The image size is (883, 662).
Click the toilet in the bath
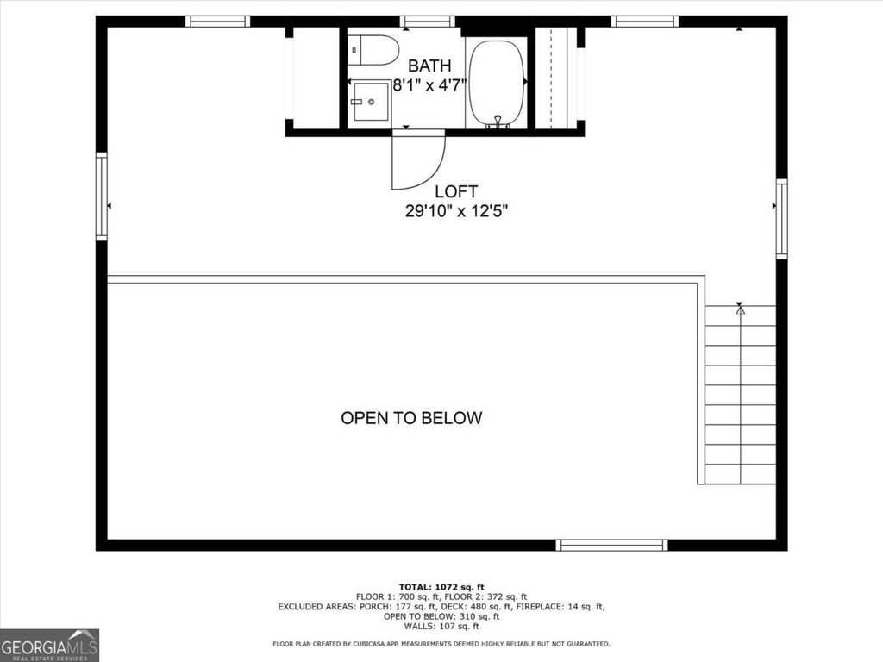point(373,50)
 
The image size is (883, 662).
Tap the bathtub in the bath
point(496,84)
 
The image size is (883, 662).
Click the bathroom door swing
point(416,162)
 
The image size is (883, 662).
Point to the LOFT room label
point(456,191)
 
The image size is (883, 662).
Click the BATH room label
point(429,66)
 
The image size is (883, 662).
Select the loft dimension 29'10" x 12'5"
point(456,211)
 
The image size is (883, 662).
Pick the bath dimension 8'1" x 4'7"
point(429,85)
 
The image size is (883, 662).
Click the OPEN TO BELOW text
point(411,418)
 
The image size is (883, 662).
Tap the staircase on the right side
point(740,397)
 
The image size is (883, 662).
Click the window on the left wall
point(102,196)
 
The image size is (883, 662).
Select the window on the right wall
point(781,218)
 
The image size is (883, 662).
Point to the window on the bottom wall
point(611,545)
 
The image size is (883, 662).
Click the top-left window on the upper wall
point(218,22)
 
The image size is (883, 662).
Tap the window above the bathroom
point(427,22)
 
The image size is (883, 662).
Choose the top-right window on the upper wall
point(644,22)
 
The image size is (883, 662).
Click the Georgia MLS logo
point(50,645)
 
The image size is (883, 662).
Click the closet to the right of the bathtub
point(556,79)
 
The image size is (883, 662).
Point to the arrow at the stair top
point(740,309)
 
